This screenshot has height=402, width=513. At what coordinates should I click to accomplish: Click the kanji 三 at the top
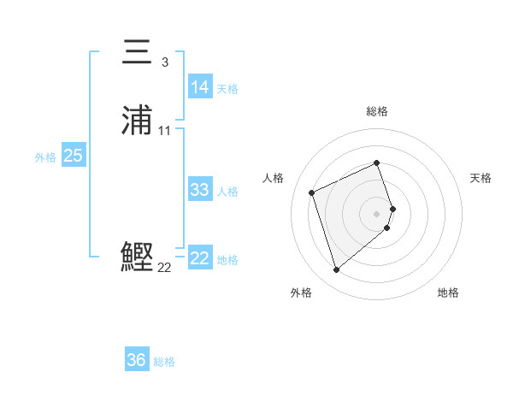coord(139,53)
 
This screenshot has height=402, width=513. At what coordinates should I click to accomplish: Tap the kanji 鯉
coord(138,257)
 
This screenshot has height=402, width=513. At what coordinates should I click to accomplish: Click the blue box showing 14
coord(199,87)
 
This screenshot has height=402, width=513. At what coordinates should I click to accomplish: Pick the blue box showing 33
coord(199,190)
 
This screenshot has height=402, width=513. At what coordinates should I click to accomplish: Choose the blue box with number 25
coord(73,156)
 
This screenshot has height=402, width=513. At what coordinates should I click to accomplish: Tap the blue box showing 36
coord(137,360)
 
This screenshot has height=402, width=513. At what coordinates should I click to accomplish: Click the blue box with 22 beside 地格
coord(199,258)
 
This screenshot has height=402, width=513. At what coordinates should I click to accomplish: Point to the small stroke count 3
coord(164,62)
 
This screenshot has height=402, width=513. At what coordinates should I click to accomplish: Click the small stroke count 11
coord(165,131)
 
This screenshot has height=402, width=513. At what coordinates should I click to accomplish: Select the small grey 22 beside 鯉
coord(164,268)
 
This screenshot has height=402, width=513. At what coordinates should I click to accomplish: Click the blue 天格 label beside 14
coord(227,89)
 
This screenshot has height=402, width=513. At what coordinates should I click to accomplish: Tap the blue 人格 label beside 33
coord(227,192)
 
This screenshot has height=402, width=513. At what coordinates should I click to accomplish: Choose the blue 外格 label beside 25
coord(45,157)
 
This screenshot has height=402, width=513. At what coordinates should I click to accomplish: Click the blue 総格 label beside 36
coord(164,362)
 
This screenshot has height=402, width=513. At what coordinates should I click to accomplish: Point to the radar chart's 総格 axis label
coord(377,111)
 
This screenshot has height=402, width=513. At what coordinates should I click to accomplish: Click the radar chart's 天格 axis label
coord(481,178)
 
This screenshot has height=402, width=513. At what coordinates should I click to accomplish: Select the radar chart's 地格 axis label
coord(448,293)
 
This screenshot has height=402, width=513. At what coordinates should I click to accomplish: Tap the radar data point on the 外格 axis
coord(336,270)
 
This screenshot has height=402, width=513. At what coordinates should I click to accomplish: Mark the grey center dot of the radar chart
coord(377,213)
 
